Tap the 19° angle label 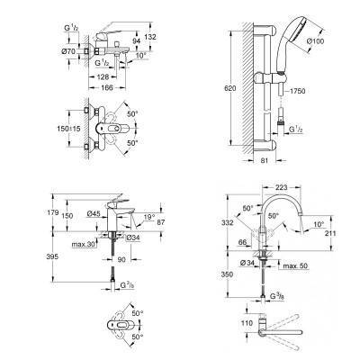click(x=148, y=217)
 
